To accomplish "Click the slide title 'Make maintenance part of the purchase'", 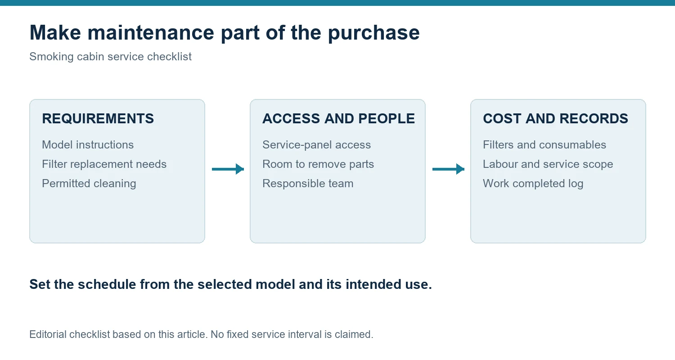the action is (x=225, y=33).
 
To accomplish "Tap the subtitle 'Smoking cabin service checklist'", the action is (x=110, y=57).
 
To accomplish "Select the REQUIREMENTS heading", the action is (x=98, y=118).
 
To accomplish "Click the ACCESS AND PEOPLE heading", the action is (x=338, y=118).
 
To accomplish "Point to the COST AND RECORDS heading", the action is (x=555, y=118).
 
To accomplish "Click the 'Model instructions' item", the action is (x=88, y=145).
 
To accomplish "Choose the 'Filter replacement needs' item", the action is (x=104, y=164).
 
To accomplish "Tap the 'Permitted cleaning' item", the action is (x=89, y=184).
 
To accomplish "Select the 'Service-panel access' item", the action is (x=316, y=145).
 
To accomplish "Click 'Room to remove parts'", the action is (x=318, y=164).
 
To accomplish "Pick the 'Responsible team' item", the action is (x=308, y=184).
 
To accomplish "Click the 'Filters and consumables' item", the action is (x=544, y=145).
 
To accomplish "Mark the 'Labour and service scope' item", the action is (x=548, y=164).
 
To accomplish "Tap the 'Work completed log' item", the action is (x=533, y=184).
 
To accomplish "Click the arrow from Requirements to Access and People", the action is (x=228, y=169).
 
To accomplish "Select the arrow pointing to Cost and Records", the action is (x=448, y=169).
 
